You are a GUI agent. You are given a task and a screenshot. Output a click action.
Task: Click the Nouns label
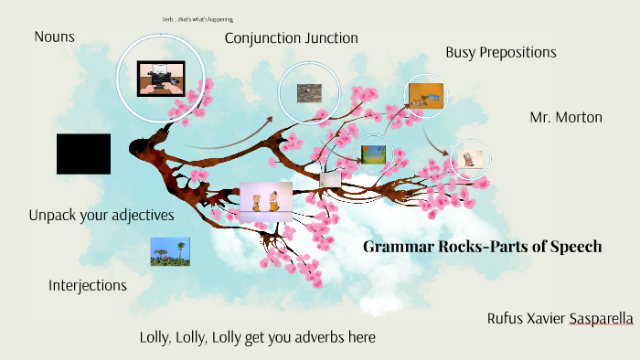tap(54, 37)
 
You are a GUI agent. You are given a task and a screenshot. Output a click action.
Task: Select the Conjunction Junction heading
tap(291, 37)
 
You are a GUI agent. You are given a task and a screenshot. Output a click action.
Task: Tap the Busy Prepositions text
tap(501, 52)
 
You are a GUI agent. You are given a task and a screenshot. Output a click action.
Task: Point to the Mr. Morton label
tap(566, 117)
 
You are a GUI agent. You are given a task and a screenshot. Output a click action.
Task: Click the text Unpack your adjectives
tap(101, 216)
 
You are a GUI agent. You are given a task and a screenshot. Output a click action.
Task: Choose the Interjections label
tap(87, 285)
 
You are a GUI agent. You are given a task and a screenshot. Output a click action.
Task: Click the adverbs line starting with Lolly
tap(257, 337)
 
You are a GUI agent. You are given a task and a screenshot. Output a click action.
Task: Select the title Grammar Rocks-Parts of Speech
tap(483, 246)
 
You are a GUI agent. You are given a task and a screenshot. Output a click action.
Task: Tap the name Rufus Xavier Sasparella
tap(560, 318)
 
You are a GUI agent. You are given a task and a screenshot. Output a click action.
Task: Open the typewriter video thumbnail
tap(160, 79)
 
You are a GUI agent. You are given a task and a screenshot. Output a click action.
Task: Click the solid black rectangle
tap(83, 154)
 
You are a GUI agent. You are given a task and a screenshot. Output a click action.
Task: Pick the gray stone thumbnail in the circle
tap(308, 91)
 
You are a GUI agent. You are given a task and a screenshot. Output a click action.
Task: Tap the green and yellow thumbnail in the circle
tap(372, 154)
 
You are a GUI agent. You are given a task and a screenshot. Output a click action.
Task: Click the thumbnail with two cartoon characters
tap(266, 203)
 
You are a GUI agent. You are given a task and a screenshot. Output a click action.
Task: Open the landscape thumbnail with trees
tap(170, 252)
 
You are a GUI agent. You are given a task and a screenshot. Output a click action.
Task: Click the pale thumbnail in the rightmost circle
tap(471, 158)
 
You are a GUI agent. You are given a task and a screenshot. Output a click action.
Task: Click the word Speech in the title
tap(574, 246)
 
